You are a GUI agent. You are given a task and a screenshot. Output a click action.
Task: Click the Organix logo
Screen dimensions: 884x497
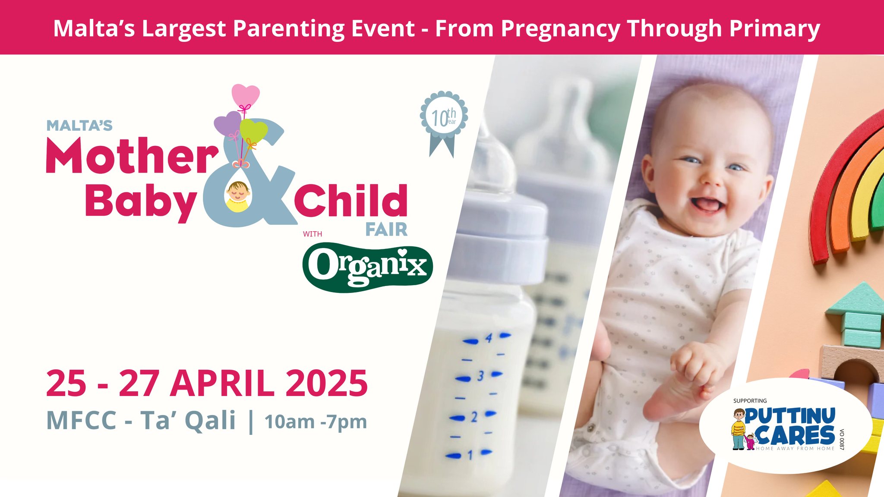tap(367, 267)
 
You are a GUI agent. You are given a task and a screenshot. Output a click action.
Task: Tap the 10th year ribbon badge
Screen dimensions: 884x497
tap(444, 123)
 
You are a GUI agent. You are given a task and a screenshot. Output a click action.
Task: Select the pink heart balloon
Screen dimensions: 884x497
tap(246, 95)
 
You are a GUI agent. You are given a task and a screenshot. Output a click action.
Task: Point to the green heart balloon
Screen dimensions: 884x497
tap(253, 131)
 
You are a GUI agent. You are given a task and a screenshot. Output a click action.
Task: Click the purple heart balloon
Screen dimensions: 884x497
tap(228, 123)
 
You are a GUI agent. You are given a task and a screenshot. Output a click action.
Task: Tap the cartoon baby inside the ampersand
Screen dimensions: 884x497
tap(238, 196)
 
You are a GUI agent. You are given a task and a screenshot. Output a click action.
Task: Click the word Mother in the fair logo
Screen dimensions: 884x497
tap(133, 155)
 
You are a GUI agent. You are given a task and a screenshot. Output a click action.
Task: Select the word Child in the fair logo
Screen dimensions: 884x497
tap(351, 201)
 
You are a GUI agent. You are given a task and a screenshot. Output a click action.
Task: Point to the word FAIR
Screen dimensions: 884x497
tap(386, 230)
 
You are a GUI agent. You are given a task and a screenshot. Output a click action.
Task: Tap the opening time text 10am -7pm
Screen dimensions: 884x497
tap(316, 422)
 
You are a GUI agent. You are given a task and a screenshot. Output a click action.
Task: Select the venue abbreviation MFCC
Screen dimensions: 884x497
tap(82, 420)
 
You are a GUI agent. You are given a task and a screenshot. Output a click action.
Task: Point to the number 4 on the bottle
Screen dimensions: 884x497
tap(489, 338)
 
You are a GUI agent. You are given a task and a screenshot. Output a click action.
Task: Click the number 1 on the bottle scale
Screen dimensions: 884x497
tap(470, 455)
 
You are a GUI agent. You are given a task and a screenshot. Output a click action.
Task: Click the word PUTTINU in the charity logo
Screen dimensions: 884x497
tap(789, 416)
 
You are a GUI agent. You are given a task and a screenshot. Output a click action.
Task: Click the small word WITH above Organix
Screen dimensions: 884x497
tap(313, 234)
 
